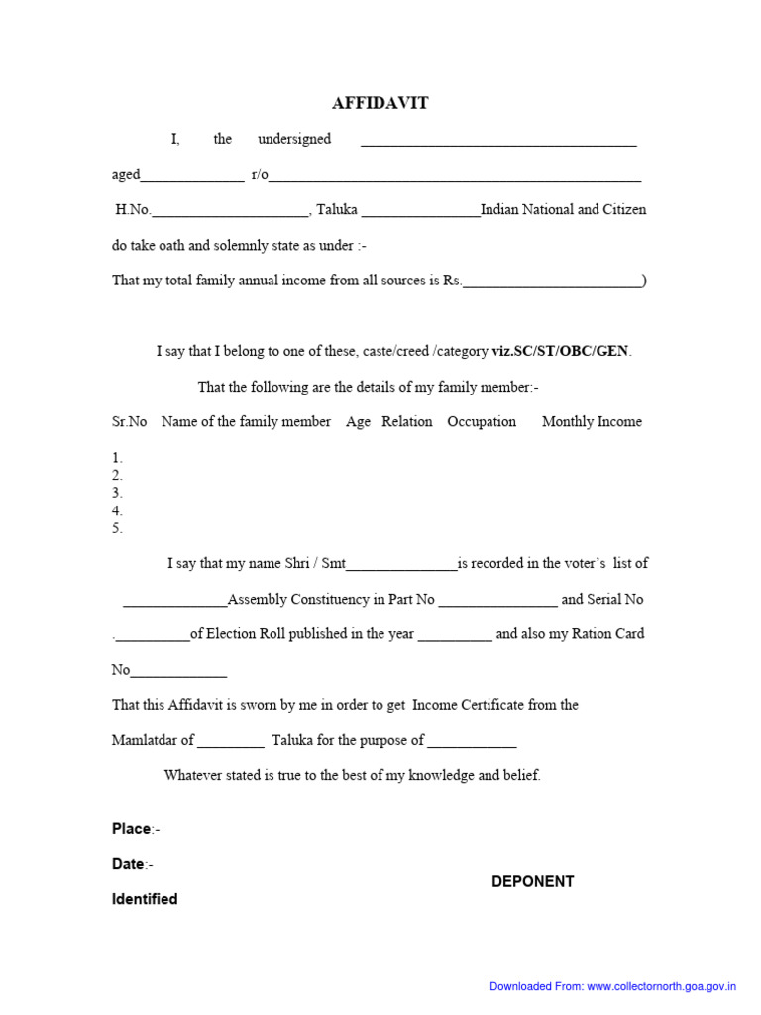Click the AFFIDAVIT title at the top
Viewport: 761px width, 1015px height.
click(380, 103)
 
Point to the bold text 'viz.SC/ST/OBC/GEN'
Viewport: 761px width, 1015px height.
click(561, 351)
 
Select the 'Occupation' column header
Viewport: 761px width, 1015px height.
click(482, 421)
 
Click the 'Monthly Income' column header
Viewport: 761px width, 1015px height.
click(592, 421)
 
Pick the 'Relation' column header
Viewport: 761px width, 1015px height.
click(406, 421)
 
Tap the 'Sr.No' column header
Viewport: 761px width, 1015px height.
click(130, 421)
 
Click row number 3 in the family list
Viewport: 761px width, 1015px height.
click(117, 493)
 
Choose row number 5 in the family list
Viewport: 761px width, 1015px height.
click(117, 528)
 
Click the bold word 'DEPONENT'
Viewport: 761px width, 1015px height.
click(533, 881)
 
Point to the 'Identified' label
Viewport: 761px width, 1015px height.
click(145, 899)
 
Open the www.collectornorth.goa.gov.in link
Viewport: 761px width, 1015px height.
click(662, 986)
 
